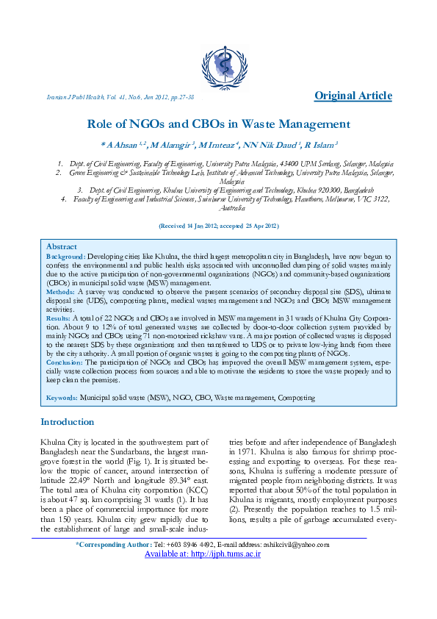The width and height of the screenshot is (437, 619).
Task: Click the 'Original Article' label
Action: coord(353,96)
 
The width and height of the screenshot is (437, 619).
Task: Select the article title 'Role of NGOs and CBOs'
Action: coord(218,124)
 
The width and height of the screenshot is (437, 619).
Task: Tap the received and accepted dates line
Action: coord(218,226)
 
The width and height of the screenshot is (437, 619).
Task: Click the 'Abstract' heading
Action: coord(61,246)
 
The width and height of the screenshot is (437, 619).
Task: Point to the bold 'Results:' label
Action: coord(59,318)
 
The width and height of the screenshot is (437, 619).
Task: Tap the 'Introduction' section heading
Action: coord(68,422)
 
